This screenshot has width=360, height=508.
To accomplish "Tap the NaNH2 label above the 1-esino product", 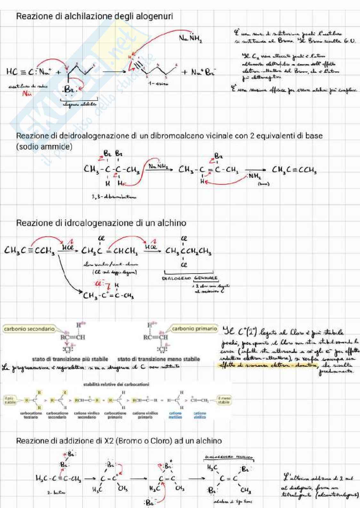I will (190, 38).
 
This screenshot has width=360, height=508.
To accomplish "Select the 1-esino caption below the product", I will (158, 84).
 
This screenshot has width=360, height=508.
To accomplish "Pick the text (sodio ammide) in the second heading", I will (44, 147).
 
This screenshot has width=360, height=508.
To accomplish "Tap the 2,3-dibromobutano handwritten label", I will (114, 197).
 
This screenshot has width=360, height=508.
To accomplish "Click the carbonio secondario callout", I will (29, 329).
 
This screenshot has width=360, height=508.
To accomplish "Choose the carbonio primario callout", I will (194, 329).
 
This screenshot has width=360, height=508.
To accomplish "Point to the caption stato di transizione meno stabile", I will (158, 359).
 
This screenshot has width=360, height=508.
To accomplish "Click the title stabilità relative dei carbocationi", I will (116, 384).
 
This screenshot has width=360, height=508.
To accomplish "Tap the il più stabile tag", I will (10, 400).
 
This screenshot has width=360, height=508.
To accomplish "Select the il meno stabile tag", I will (224, 400).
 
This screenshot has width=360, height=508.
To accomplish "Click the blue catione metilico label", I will (175, 415).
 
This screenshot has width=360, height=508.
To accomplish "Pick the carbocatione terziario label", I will (31, 415).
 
